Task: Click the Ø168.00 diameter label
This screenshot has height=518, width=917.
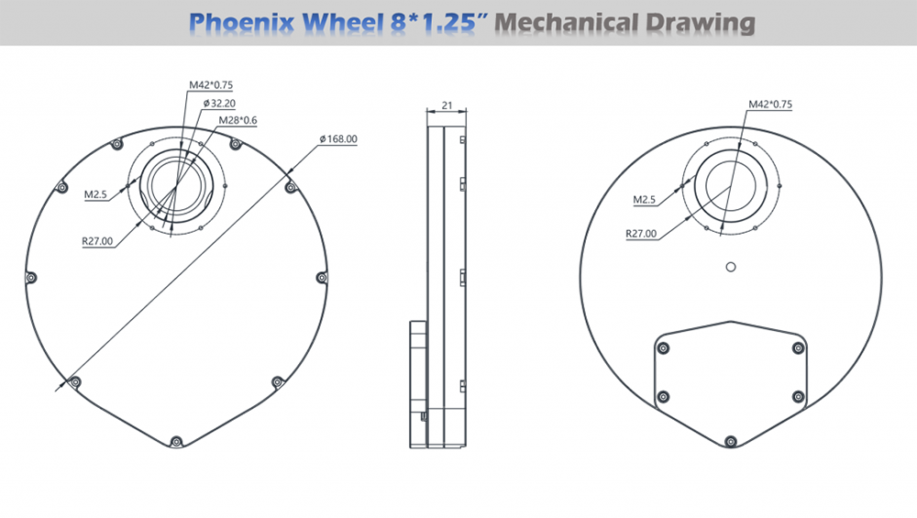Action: point(338,139)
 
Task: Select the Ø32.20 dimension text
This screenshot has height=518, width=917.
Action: point(219,104)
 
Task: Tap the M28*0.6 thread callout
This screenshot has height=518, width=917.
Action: point(238,120)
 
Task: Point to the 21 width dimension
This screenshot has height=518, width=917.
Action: point(447,105)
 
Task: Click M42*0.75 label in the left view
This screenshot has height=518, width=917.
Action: point(211,85)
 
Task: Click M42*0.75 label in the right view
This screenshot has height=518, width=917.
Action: point(770,105)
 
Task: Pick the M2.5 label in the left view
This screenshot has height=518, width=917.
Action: point(95,194)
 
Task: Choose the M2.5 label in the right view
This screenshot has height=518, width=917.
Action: point(644,200)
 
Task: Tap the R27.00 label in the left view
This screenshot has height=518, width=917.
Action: point(97,241)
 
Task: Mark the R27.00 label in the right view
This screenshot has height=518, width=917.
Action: point(641,234)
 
